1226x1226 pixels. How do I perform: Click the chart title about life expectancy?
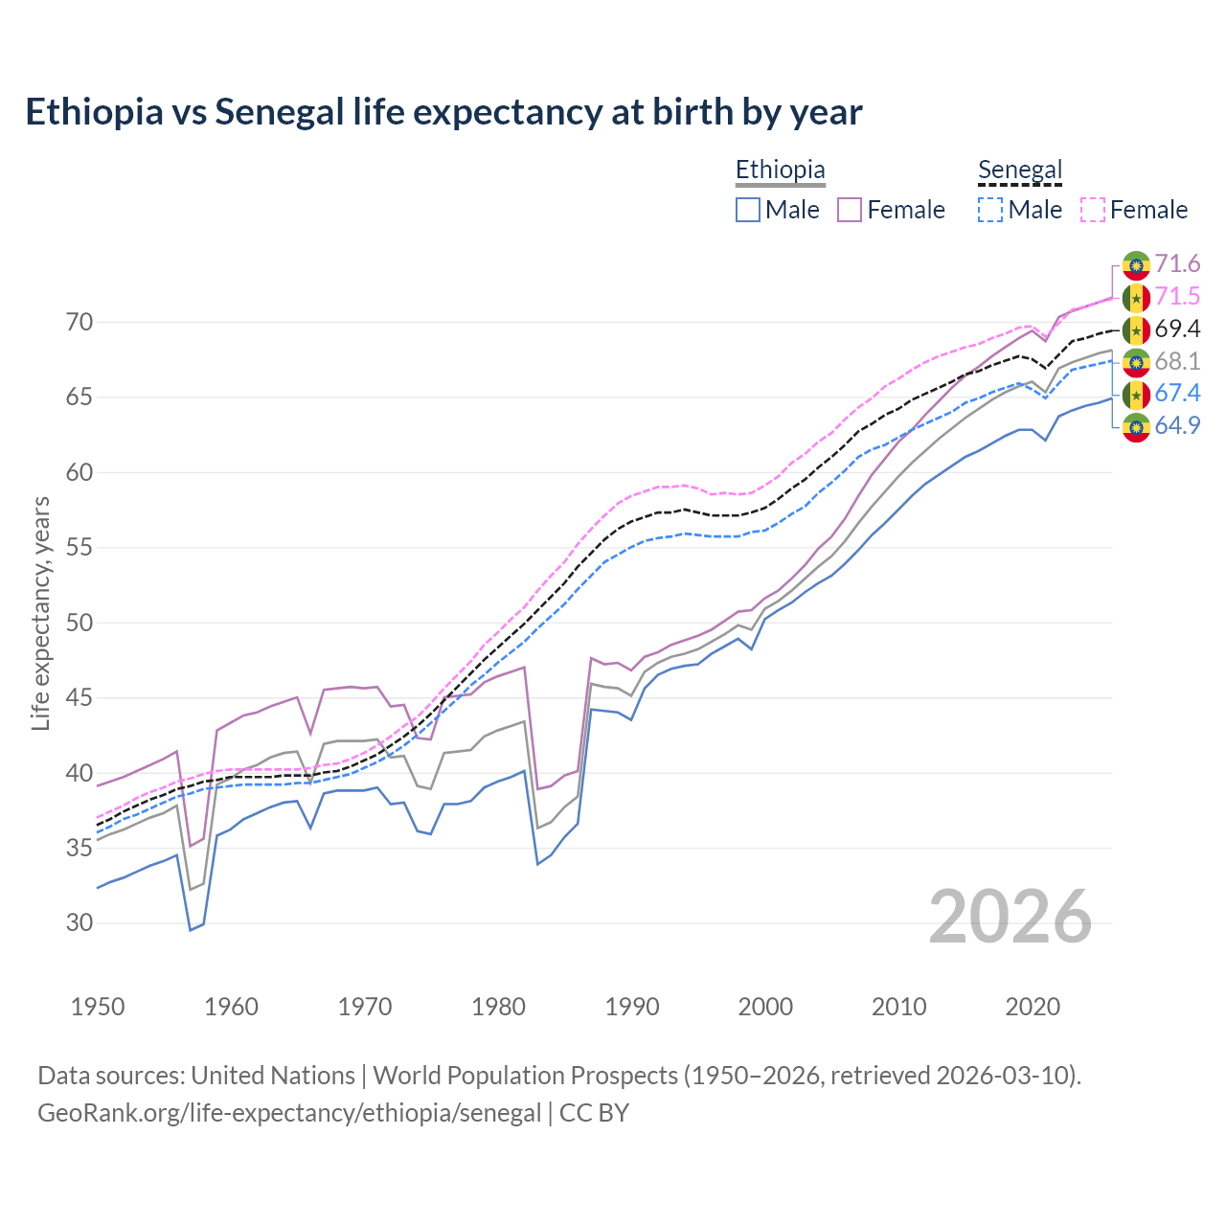pos(443,112)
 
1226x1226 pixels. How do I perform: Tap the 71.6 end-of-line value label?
pos(1177,264)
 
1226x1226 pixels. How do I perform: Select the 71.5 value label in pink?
pos(1177,297)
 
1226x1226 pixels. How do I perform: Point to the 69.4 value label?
pos(1177,329)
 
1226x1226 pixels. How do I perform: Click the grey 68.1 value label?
pos(1177,361)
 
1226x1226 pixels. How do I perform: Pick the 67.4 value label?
pos(1177,394)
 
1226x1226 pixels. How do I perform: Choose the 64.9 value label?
pos(1177,426)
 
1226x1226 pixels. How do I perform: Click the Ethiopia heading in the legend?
pos(780,170)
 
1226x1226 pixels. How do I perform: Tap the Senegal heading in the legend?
pos(1020,170)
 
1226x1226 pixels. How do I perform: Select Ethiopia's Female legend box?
pos(851,210)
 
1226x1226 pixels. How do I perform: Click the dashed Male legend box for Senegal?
pos(990,210)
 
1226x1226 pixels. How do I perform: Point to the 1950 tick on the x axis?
pos(98,1007)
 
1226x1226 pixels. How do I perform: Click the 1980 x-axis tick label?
pos(498,1007)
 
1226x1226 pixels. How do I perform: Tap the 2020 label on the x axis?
pos(1033,1007)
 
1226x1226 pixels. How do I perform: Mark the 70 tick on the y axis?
pos(79,323)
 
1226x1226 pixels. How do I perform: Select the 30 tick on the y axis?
pos(79,923)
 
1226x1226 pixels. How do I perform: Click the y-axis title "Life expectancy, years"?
pos(40,613)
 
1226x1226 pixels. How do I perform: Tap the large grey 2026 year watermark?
pos(1010,917)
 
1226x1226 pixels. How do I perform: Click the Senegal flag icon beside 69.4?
pos(1136,329)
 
